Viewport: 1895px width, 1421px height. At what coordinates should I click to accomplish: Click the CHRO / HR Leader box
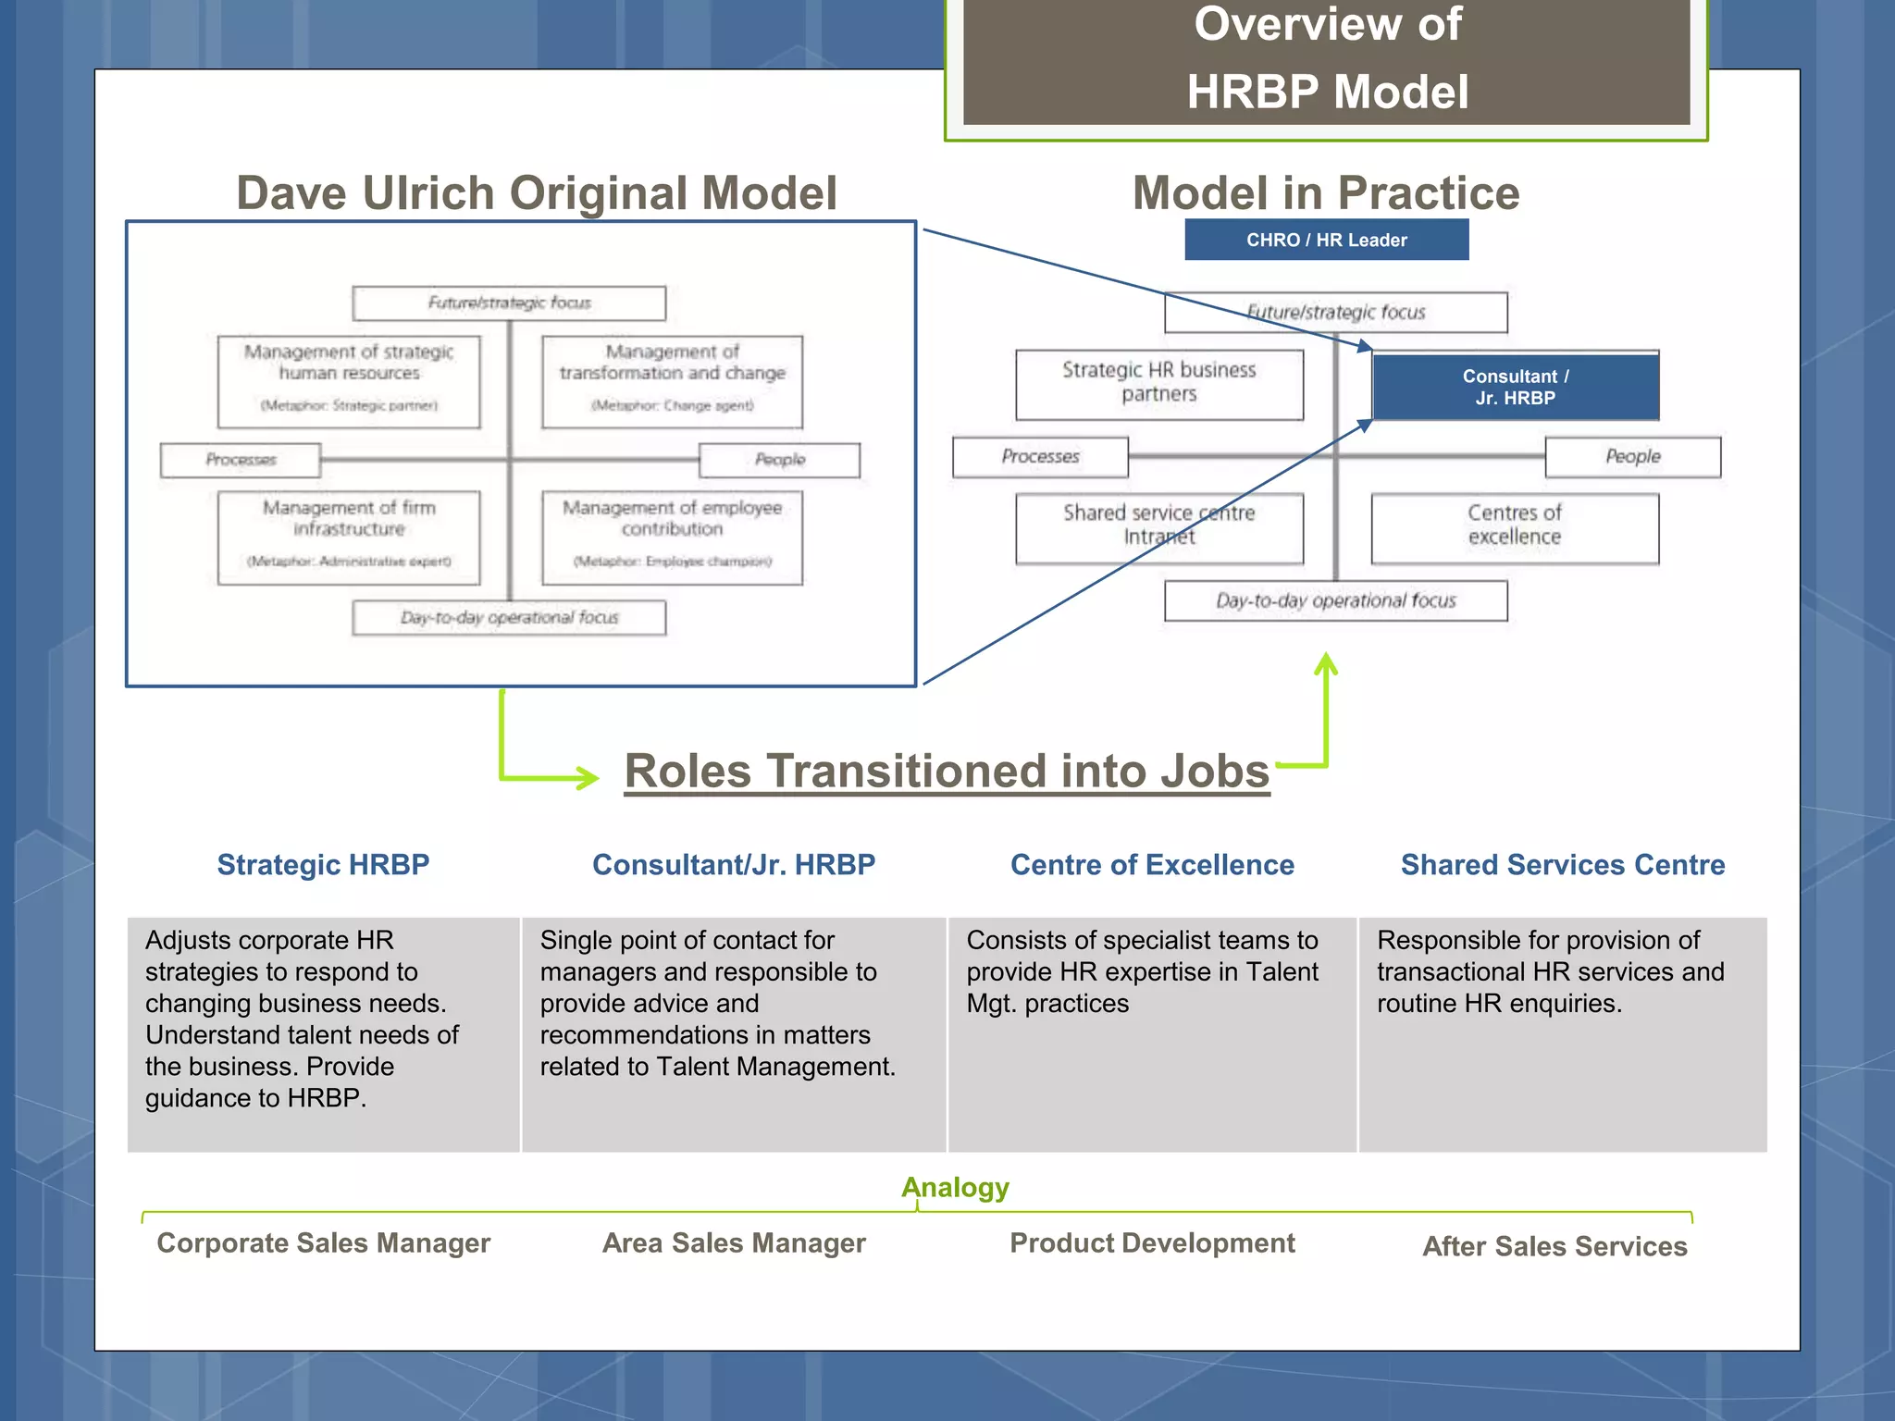[1326, 240]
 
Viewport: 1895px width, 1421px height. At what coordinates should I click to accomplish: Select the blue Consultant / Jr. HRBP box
[1515, 387]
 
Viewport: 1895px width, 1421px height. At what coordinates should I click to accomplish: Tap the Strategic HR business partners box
[1158, 384]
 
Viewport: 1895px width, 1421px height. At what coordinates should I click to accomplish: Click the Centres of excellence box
[1514, 527]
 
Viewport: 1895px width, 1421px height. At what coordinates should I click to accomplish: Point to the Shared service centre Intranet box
[1158, 527]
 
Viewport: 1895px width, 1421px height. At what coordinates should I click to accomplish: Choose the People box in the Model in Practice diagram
[1632, 457]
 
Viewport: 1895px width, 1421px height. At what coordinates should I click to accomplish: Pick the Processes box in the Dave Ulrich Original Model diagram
[241, 460]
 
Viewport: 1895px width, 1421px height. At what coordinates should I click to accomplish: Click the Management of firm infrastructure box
[349, 537]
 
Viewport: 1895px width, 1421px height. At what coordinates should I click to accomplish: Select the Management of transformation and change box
[672, 381]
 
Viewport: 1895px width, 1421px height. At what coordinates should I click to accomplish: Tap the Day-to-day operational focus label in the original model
[509, 618]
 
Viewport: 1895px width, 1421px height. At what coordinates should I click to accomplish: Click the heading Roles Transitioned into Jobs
[947, 771]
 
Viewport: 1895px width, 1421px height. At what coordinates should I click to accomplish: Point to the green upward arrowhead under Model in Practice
[1326, 664]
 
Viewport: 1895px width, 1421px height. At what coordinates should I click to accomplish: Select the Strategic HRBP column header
[323, 864]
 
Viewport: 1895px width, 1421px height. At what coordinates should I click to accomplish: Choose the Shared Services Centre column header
[1562, 864]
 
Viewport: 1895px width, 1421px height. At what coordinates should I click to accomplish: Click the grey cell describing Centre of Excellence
[1151, 1033]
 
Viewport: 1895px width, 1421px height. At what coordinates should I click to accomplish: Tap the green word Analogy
[955, 1187]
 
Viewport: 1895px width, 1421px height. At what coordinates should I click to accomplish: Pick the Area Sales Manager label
[734, 1242]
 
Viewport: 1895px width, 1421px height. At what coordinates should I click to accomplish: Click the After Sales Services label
[1554, 1246]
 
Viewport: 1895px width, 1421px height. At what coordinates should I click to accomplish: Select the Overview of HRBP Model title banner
[1326, 60]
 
